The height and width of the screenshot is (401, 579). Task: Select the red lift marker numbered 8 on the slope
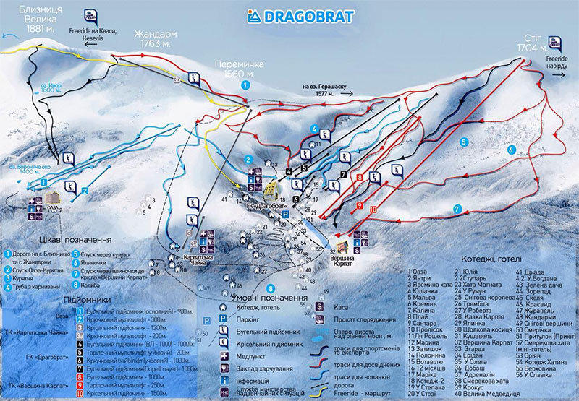359,178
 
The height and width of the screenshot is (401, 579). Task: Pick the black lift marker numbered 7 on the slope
343,175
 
